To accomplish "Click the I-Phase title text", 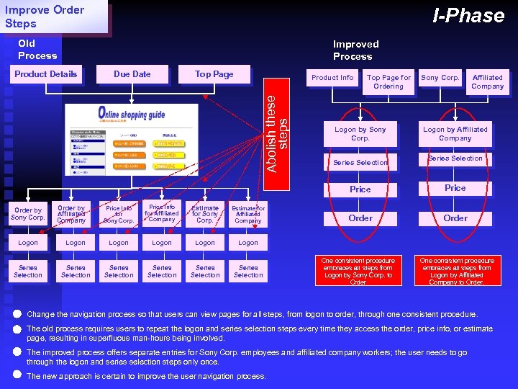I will pyautogui.click(x=468, y=16).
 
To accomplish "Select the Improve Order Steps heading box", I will pyautogui.click(x=55, y=17).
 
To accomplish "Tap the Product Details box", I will pyautogui.click(x=46, y=74).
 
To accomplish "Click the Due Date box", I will pyautogui.click(x=132, y=74).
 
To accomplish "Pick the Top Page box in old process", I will pyautogui.click(x=214, y=74).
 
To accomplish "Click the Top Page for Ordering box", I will pyautogui.click(x=388, y=81).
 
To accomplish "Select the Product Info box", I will pyautogui.click(x=332, y=78).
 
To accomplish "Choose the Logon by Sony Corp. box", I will pyautogui.click(x=360, y=133).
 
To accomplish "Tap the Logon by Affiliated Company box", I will pyautogui.click(x=455, y=133).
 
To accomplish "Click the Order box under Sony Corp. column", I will pyautogui.click(x=360, y=218).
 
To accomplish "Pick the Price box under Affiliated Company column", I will pyautogui.click(x=455, y=188).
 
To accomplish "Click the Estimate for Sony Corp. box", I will pyautogui.click(x=205, y=214).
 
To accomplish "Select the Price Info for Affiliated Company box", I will pyautogui.click(x=162, y=213).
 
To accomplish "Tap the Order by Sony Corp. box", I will pyautogui.click(x=28, y=214).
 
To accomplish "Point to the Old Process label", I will pyautogui.click(x=37, y=50).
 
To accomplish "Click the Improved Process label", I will pyautogui.click(x=355, y=50).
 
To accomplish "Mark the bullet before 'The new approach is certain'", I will pyautogui.click(x=17, y=375).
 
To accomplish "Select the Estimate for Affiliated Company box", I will pyautogui.click(x=248, y=214).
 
